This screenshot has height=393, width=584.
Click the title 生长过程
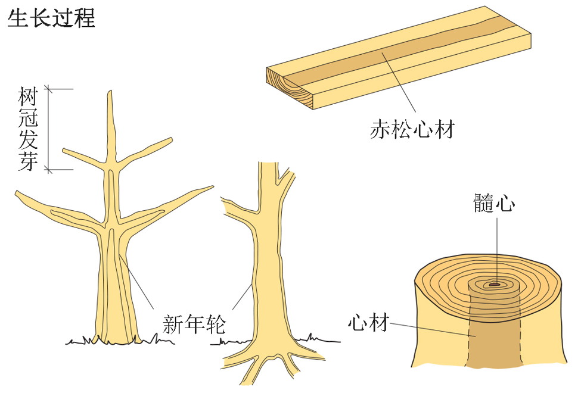[51, 17]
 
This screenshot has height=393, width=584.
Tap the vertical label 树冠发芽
[29, 129]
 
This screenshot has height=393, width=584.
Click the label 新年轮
[194, 324]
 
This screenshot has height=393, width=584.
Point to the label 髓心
[494, 203]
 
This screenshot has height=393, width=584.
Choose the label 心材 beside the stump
[369, 322]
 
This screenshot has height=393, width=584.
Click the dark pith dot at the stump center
[494, 285]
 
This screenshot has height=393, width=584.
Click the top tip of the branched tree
[110, 91]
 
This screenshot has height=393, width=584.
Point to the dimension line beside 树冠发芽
[49, 129]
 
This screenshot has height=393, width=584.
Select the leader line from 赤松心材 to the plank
[399, 82]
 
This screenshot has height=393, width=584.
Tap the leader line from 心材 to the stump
[433, 329]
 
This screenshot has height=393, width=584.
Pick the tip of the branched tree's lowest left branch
[17, 193]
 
